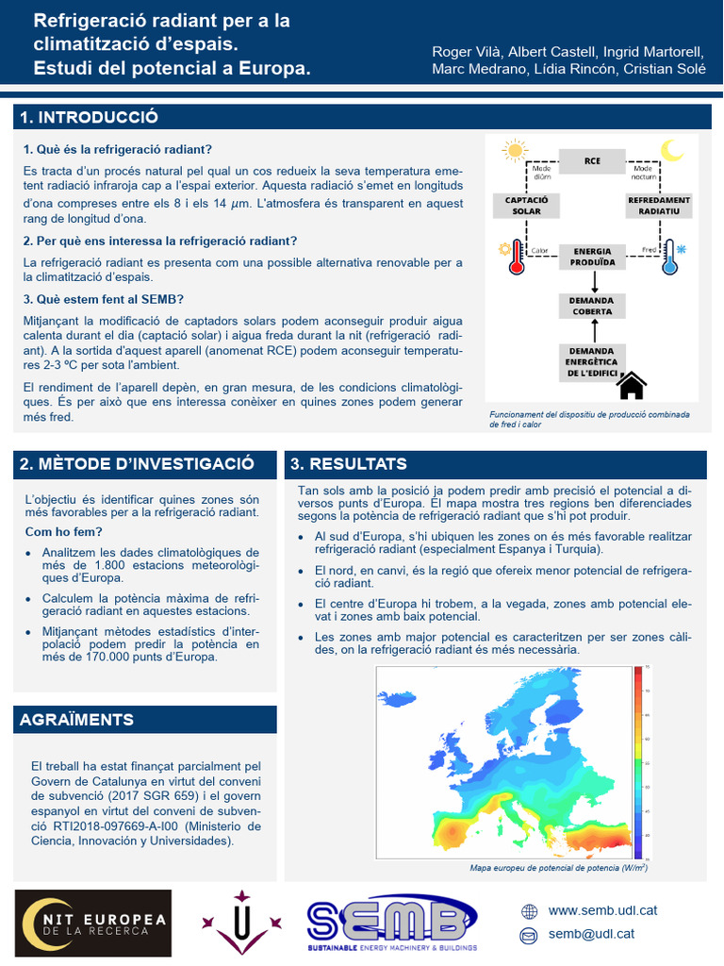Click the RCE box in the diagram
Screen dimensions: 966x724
click(x=592, y=161)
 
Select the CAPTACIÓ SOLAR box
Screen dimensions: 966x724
click(x=527, y=206)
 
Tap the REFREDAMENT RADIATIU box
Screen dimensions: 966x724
click(x=659, y=206)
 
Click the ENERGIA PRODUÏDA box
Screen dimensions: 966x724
click(x=593, y=257)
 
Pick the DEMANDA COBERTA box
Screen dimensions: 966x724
click(x=591, y=306)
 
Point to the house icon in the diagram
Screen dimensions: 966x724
click(x=631, y=385)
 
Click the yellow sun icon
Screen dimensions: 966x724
click(x=514, y=150)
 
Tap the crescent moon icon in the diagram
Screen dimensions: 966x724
click(x=671, y=150)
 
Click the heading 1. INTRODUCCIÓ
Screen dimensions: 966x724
click(x=90, y=117)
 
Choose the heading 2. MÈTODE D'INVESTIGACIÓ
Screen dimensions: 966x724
click(x=137, y=463)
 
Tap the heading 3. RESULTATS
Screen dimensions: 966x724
click(x=349, y=463)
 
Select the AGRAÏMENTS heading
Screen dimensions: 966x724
click(x=77, y=720)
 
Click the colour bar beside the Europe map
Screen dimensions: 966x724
click(x=638, y=754)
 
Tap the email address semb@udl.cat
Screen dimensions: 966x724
click(x=591, y=934)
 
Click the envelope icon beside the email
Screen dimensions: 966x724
click(x=529, y=935)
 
